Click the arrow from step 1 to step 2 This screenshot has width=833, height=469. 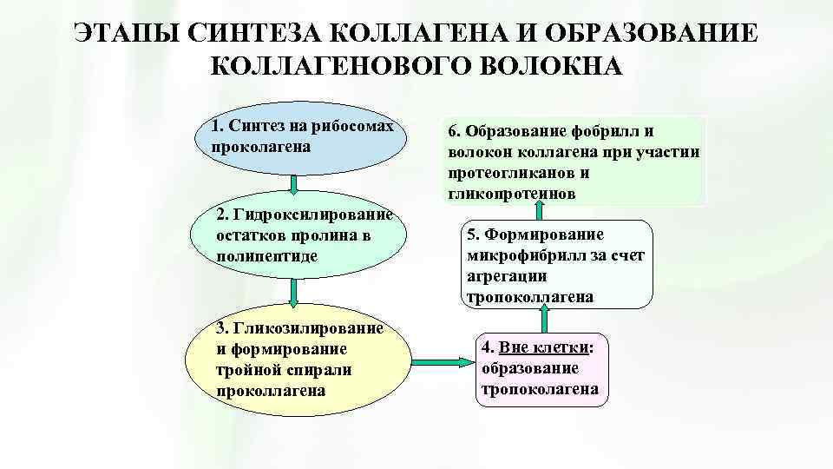pos(294,184)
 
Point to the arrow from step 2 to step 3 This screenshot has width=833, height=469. pos(294,293)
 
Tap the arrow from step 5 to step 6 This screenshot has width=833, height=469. pos(539,209)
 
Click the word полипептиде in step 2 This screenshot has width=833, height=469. pos(268,255)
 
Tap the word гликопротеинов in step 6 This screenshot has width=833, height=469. pos(512,194)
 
